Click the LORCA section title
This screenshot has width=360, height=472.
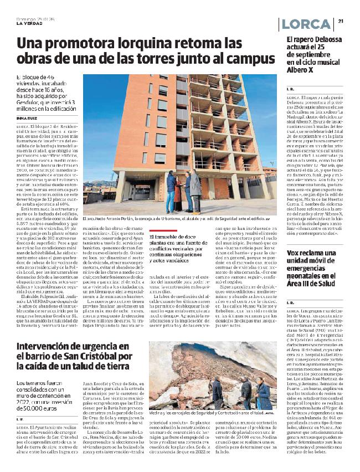(306, 24)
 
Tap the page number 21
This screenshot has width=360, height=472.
(341, 22)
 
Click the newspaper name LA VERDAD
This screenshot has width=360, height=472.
(28, 23)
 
